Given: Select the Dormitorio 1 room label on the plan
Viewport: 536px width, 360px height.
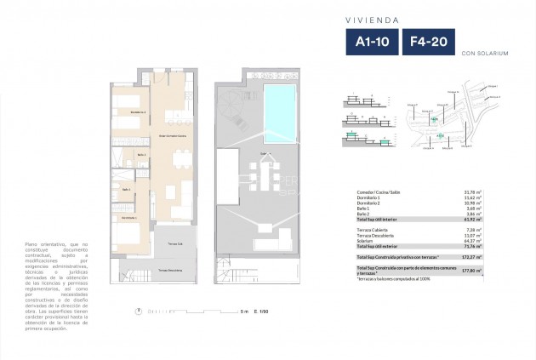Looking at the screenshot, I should [x=128, y=219].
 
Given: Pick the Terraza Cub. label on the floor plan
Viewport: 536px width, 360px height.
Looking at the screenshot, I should [x=176, y=243].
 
